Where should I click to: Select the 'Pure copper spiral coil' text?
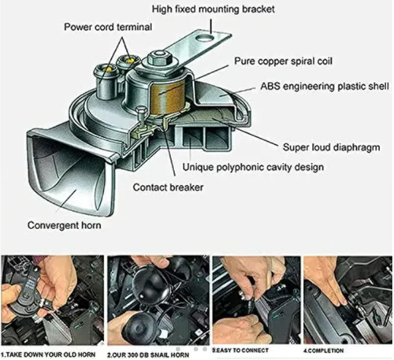(287, 61)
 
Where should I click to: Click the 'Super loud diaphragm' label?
(329, 147)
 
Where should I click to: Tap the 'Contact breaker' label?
(170, 188)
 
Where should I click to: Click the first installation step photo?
(52, 299)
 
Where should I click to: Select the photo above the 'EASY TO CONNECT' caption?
(251, 299)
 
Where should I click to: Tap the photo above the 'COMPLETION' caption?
(347, 299)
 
